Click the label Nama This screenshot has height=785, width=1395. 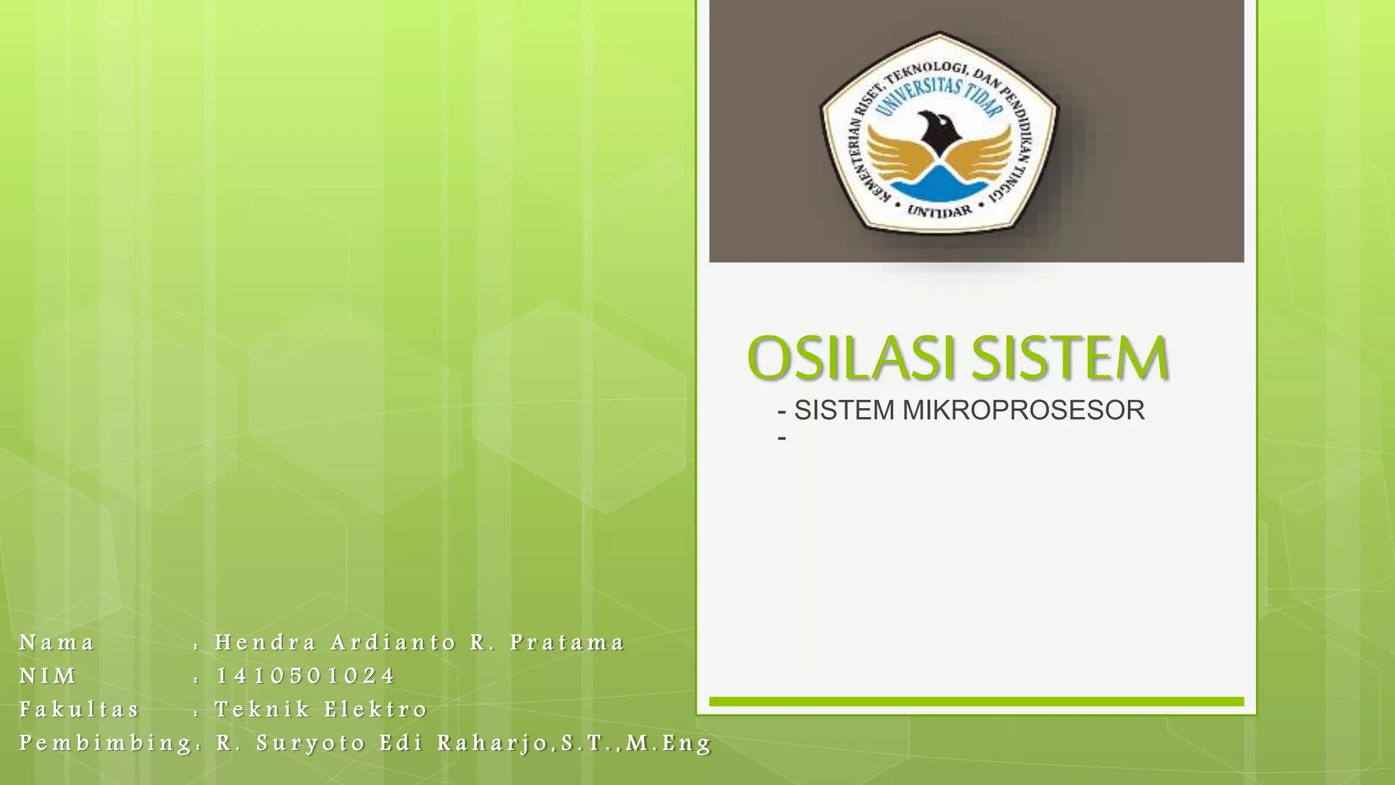click(x=57, y=643)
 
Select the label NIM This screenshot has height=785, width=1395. click(x=48, y=676)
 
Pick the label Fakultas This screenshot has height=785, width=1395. click(x=80, y=709)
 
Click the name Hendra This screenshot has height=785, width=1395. click(x=266, y=643)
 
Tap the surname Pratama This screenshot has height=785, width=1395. click(x=567, y=643)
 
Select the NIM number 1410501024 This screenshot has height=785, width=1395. click(x=305, y=676)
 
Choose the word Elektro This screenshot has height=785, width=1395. click(x=375, y=709)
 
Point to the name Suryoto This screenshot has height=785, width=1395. click(x=311, y=743)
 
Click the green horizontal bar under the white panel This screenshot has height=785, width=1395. click(x=976, y=701)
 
